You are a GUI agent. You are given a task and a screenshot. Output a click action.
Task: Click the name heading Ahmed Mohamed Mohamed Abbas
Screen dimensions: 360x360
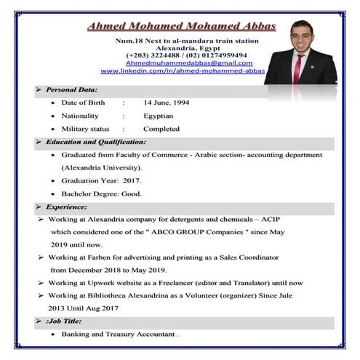(181, 27)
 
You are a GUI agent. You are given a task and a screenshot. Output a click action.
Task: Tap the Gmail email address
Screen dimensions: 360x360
(188, 63)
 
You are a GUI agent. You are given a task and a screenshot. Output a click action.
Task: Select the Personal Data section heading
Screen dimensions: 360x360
(71, 89)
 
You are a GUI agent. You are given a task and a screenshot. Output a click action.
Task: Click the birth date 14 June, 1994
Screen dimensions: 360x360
(167, 103)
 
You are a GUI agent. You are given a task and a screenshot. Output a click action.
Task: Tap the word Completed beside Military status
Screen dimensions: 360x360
(162, 129)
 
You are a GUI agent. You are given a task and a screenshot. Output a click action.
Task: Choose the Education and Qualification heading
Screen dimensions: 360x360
(95, 142)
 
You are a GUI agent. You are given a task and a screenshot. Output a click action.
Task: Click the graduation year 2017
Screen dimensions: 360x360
(132, 180)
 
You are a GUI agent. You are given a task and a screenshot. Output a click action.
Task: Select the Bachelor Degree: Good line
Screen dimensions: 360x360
(101, 193)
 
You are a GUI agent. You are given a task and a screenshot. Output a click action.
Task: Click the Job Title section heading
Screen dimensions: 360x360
(64, 321)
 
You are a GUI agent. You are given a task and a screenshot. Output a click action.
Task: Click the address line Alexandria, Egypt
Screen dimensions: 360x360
(186, 47)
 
